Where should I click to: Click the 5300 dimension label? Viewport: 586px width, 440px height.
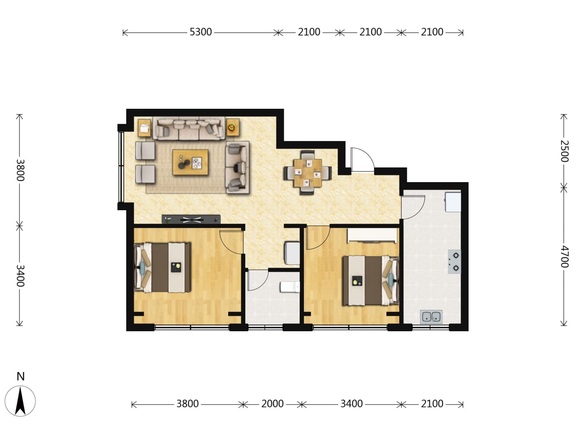[201, 32]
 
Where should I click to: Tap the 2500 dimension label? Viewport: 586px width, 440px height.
[564, 151]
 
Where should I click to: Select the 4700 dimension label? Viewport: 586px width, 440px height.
[564, 257]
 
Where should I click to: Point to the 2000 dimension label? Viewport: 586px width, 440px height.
[272, 404]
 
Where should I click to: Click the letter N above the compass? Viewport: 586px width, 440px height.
[21, 376]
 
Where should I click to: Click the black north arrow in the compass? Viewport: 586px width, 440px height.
[20, 401]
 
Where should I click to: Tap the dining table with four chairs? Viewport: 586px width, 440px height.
[308, 173]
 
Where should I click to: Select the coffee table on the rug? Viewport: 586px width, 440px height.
[190, 162]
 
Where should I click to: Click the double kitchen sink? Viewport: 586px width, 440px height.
[431, 317]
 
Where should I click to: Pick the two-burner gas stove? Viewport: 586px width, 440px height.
[455, 262]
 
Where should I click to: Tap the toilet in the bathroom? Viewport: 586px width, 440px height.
[290, 287]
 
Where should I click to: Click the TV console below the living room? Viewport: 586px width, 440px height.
[191, 219]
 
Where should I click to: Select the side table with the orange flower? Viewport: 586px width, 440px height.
[232, 128]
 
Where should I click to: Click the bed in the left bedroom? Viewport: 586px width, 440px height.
[162, 267]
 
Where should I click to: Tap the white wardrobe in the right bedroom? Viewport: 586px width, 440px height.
[372, 235]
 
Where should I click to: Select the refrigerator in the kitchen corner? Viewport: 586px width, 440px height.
[453, 202]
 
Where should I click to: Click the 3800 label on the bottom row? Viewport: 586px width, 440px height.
[188, 404]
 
